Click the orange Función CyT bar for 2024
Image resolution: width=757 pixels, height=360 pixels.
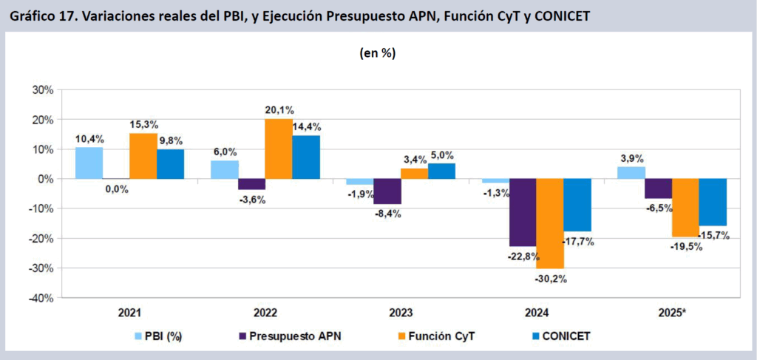pos(549,223)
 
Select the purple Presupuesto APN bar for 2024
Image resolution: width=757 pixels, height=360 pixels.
pos(523,212)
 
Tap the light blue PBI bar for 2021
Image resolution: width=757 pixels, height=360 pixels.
pos(89,163)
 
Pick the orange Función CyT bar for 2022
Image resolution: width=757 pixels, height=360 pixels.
pos(278,149)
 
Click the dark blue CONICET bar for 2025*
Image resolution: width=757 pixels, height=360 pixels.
pos(713,202)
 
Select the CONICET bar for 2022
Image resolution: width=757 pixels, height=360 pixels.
pos(305,157)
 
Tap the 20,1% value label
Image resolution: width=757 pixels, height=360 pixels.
pos(279,110)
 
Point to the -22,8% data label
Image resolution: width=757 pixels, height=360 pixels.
pos(523,256)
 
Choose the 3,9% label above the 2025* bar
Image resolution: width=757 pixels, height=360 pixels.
pos(631,158)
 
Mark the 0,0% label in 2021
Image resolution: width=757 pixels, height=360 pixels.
pos(116,189)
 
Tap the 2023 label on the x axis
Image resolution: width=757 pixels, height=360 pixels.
pos(401,313)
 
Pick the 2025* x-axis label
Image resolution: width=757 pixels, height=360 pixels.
pos(671,313)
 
